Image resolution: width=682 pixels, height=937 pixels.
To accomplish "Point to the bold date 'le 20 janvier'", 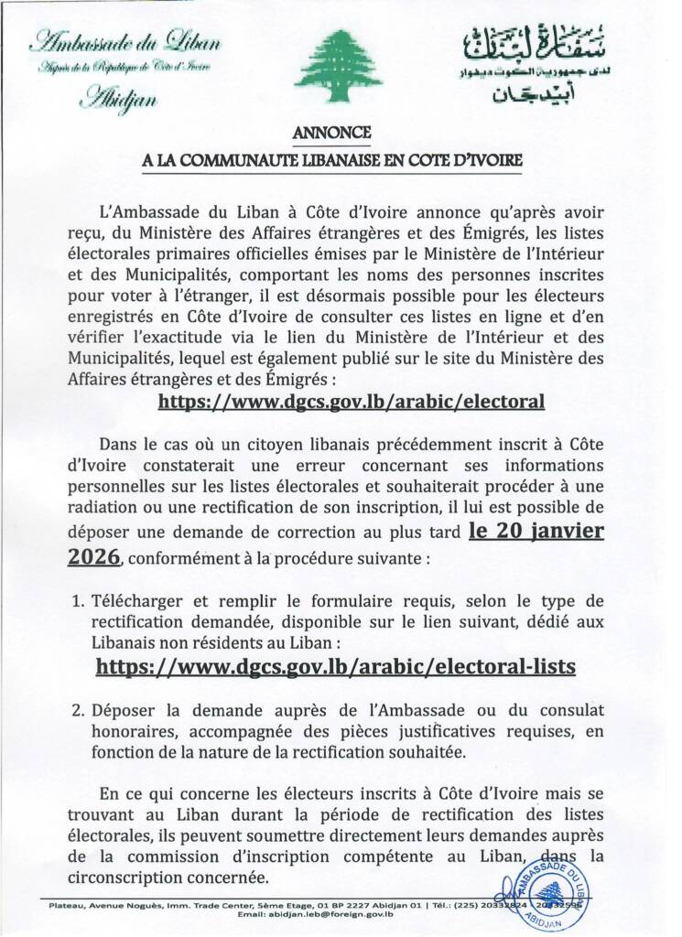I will point(536,531).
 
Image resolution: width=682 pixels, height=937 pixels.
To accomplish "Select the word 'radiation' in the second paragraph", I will point(105,510).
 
